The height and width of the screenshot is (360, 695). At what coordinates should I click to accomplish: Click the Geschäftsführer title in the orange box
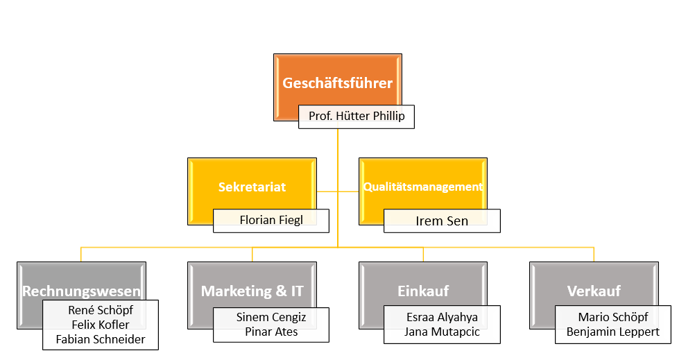point(338,84)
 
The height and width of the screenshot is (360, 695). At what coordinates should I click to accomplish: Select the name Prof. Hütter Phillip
point(356,117)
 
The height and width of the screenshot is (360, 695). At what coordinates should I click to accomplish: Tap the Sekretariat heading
point(252,187)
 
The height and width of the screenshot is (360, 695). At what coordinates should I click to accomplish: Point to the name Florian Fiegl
point(271,220)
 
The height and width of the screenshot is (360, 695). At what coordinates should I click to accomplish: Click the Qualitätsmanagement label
point(423,187)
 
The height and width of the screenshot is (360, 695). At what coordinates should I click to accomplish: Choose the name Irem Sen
point(442,221)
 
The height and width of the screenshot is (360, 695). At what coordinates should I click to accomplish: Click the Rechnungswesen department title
point(82,291)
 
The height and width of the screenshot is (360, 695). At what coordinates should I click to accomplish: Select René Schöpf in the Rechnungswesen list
point(101,311)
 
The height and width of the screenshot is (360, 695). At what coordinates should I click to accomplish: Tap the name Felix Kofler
point(101,325)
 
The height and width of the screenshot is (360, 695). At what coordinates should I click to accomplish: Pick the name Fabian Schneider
point(101,339)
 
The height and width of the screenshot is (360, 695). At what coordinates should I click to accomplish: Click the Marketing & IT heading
point(252,291)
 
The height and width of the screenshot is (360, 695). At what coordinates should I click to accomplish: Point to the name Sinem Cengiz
point(271,318)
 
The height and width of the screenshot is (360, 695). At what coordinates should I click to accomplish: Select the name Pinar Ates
point(271,332)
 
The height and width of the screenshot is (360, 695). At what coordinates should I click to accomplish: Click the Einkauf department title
point(422,291)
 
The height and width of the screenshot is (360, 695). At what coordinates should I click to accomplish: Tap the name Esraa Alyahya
point(442,318)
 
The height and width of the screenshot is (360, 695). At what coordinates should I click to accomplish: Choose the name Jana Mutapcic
point(442,332)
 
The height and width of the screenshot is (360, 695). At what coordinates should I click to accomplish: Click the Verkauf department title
point(594,291)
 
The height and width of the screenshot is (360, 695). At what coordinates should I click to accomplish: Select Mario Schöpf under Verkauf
point(613,318)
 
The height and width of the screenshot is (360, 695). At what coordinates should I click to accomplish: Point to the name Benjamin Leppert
point(613,332)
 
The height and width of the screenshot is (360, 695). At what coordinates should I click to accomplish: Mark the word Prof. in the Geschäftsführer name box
point(320,117)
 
